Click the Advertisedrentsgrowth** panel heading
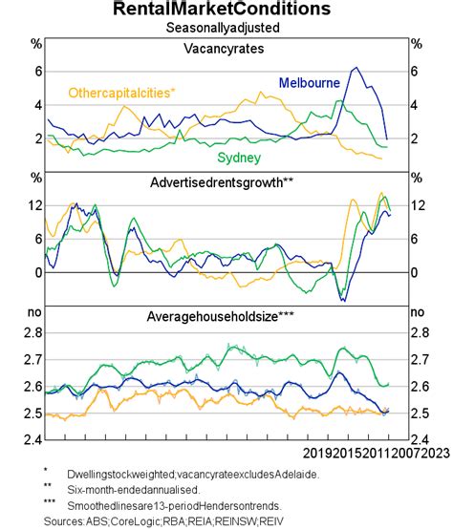click(226, 181)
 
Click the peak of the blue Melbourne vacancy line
click(356, 68)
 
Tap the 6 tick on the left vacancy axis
click(38, 72)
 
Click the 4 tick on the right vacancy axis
click(415, 105)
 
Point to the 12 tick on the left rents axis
click(35, 206)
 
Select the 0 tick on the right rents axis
click(415, 272)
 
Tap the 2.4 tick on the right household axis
click(419, 440)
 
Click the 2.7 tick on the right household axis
click(419, 360)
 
